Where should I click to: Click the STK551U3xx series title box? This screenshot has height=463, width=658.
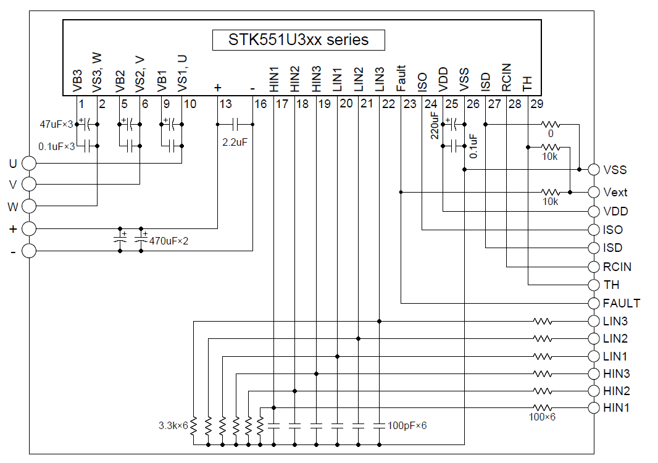299,40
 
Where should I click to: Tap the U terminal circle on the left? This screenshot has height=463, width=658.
29,163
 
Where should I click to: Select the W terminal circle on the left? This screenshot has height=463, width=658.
29,206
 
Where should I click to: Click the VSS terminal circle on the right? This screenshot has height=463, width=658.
594,169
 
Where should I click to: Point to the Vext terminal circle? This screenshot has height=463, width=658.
594,192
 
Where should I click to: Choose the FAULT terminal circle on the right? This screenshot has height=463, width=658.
594,303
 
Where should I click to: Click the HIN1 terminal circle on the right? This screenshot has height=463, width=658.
594,407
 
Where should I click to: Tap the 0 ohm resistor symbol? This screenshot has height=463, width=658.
550,124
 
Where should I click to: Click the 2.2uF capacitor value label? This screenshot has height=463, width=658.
235,142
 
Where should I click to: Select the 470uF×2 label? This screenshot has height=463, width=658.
169,241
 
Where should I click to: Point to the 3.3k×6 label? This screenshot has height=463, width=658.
173,425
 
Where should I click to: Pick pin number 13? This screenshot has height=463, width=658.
225,104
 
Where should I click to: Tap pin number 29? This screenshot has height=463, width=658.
536,104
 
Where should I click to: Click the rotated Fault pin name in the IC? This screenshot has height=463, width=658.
401,78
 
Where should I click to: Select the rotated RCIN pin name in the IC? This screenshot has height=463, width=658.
506,77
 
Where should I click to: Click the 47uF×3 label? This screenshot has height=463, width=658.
56,125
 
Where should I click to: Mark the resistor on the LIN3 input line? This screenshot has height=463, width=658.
543,321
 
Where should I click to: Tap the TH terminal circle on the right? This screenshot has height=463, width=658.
594,285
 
